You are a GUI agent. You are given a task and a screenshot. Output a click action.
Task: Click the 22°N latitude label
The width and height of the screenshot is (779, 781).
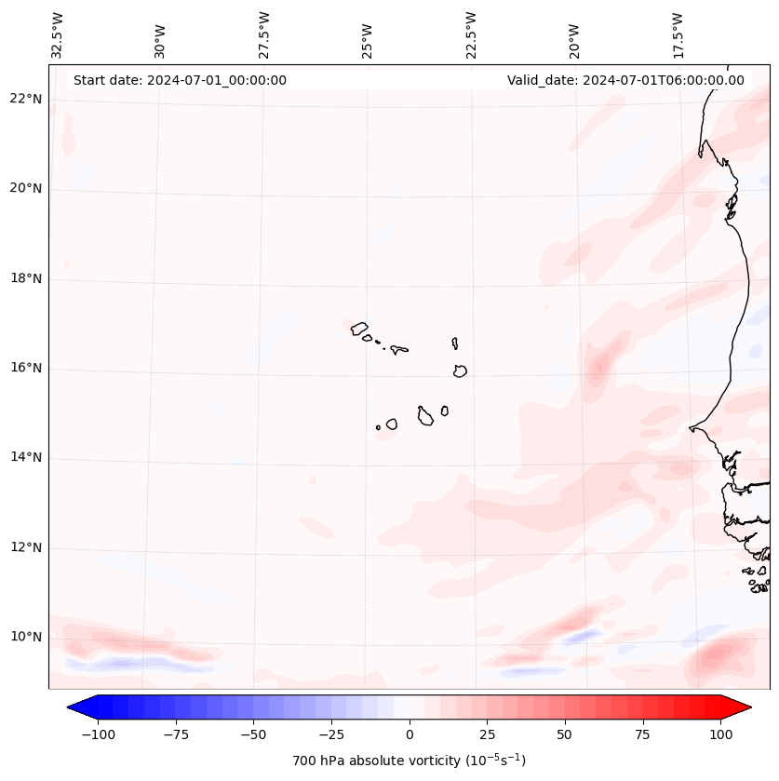[26, 99]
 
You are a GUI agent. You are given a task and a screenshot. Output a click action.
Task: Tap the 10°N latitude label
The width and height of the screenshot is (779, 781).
[26, 638]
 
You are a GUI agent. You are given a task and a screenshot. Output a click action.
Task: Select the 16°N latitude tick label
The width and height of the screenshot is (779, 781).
[26, 368]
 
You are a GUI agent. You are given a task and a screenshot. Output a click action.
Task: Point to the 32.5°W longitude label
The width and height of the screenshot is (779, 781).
[58, 34]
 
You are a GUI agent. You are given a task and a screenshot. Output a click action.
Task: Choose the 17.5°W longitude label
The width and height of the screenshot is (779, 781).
[678, 34]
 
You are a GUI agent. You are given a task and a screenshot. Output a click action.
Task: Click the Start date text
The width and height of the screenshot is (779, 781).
[180, 80]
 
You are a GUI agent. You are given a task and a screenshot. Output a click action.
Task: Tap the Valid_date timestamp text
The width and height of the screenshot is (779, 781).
[625, 80]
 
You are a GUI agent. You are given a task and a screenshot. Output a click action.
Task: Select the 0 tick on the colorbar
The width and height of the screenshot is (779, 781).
[410, 734]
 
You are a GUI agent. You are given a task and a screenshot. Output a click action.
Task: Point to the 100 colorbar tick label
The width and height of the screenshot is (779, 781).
[719, 734]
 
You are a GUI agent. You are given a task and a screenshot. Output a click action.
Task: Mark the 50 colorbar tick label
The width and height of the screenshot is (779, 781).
[564, 734]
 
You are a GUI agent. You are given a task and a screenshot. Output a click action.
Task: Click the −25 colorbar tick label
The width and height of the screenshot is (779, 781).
[331, 734]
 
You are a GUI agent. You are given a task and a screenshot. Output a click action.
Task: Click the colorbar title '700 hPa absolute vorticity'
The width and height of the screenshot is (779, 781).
[410, 761]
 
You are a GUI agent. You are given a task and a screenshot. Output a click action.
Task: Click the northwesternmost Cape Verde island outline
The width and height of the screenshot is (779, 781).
[359, 328]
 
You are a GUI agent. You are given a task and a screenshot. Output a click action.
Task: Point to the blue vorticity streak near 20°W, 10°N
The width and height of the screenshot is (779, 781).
[581, 636]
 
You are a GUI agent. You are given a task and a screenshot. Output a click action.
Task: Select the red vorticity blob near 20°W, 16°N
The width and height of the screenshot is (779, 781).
[598, 365]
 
